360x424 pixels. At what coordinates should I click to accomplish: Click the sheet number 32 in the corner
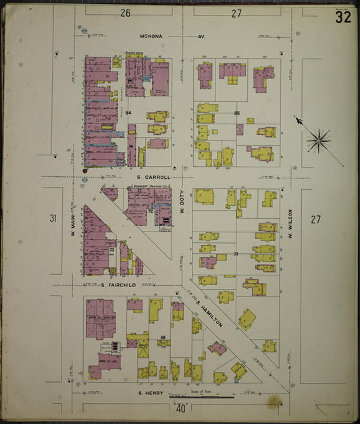342,17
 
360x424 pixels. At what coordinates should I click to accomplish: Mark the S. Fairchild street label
119,285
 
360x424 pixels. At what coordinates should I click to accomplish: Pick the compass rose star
318,141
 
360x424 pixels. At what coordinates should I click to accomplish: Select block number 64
128,111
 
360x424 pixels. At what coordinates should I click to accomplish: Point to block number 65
237,113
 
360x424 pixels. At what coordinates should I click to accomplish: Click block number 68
163,337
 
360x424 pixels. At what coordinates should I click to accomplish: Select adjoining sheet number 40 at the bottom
180,408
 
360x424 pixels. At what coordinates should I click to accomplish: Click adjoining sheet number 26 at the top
125,13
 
